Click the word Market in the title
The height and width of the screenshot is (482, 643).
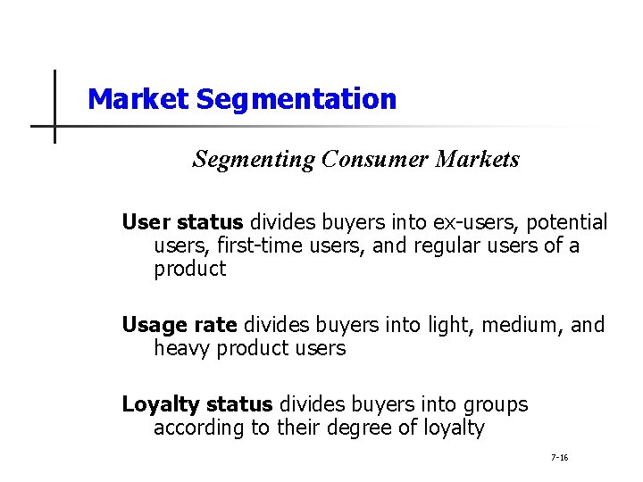138,98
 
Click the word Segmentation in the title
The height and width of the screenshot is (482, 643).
296,98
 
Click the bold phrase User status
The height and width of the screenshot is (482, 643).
182,221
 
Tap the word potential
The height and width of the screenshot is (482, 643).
570,222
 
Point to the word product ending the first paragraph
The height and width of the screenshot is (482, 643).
190,270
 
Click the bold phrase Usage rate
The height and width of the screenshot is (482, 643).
180,325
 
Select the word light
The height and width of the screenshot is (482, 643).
449,325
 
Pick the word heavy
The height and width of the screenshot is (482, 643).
182,348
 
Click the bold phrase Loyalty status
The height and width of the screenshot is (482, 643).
198,404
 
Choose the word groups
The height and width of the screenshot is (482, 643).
495,404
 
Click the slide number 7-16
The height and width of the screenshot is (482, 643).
560,458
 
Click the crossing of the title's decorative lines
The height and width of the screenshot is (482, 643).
54,126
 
